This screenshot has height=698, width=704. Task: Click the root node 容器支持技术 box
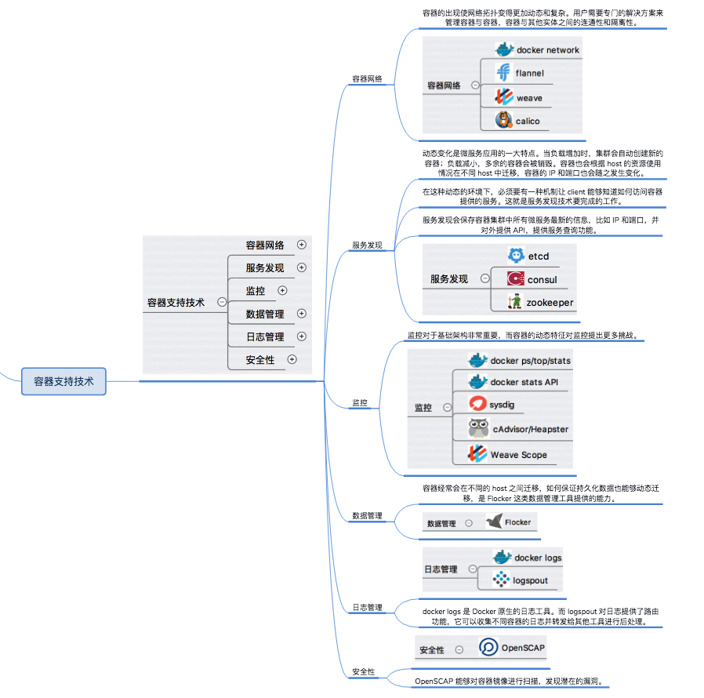click(64, 381)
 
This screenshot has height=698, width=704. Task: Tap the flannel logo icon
click(503, 73)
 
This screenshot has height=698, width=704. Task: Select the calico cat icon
click(503, 121)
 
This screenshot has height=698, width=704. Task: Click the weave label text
click(529, 98)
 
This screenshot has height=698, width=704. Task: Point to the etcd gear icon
click(515, 256)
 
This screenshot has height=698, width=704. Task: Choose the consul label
click(542, 279)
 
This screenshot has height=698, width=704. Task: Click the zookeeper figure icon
click(514, 301)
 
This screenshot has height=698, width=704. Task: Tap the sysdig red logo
click(477, 405)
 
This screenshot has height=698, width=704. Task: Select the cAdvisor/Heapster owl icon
click(477, 429)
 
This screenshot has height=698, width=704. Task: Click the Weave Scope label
click(518, 455)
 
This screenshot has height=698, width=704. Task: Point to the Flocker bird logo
click(494, 522)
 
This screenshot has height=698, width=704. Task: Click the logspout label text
click(530, 580)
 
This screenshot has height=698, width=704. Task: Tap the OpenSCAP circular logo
click(488, 648)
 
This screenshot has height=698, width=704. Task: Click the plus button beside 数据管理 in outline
click(302, 314)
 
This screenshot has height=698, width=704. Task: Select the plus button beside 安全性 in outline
click(292, 360)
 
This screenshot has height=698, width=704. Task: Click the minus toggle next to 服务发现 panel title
click(484, 278)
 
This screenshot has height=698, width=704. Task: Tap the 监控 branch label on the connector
click(360, 402)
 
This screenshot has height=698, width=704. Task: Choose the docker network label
click(548, 50)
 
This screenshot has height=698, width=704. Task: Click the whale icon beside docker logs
click(502, 558)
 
